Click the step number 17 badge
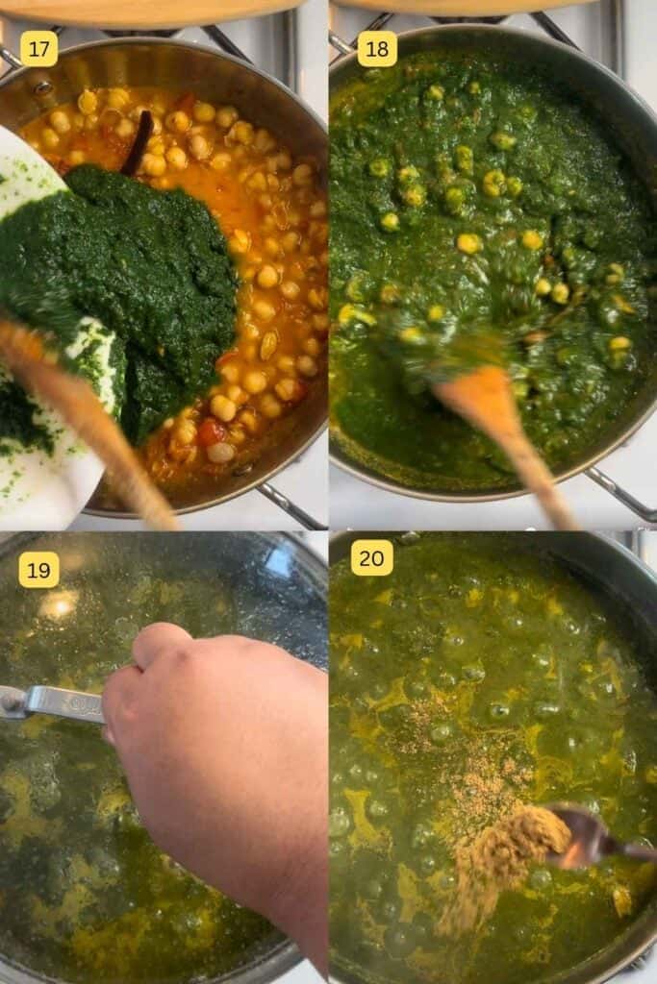38,49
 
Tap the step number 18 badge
377,49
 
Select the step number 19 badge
38,570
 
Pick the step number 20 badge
372,557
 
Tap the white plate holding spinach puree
48,480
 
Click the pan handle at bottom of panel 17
289,504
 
